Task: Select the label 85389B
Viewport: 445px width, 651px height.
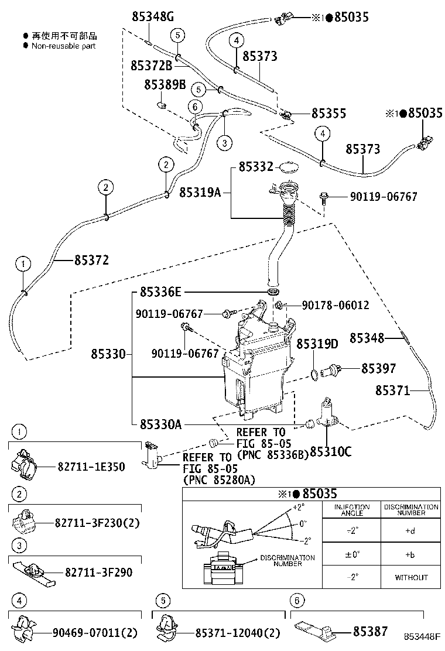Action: click(165, 85)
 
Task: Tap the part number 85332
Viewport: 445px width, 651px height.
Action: click(256, 167)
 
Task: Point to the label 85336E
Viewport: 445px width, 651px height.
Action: click(161, 292)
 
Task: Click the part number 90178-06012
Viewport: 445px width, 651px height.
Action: click(336, 305)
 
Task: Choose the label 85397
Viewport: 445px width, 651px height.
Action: click(378, 368)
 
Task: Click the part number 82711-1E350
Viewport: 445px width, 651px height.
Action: click(91, 467)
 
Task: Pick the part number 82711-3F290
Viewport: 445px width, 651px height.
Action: click(98, 572)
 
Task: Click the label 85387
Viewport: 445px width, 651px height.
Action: click(370, 631)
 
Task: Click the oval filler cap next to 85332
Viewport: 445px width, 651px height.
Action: click(287, 168)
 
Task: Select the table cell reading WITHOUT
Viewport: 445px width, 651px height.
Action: click(411, 577)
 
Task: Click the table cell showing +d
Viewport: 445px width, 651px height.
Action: click(411, 530)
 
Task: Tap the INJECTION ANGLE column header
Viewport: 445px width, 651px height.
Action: click(351, 509)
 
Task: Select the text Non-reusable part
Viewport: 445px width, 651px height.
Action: click(63, 46)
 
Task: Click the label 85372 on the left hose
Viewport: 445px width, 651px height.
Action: click(91, 260)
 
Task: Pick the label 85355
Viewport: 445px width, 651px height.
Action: click(328, 113)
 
